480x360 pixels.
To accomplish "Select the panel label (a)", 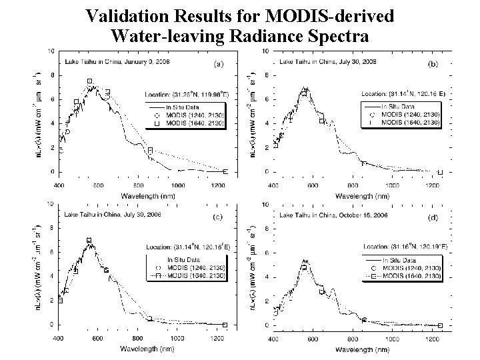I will (218, 65).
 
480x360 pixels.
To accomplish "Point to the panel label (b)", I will (431, 65).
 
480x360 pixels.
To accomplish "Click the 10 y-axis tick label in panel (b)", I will (265, 51).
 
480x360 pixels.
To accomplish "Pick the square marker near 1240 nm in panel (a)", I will (225, 171).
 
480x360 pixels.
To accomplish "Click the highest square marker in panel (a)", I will (89, 81).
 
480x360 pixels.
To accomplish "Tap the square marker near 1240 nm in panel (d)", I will (440, 325).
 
